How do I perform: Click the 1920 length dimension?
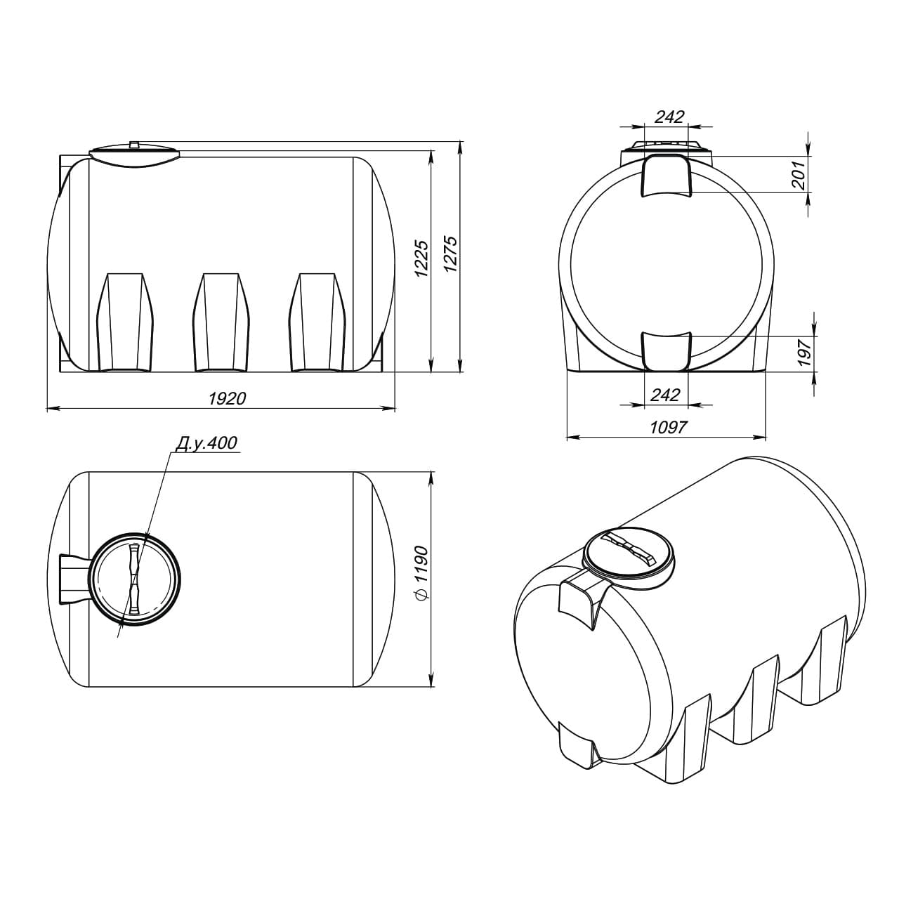click(227, 399)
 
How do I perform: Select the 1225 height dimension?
click(421, 259)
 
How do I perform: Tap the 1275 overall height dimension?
click(450, 255)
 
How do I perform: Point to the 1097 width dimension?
click(669, 427)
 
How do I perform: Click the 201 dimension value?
click(799, 175)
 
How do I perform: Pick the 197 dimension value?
click(805, 353)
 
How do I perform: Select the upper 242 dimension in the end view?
click(669, 117)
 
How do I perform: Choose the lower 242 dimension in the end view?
click(665, 395)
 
